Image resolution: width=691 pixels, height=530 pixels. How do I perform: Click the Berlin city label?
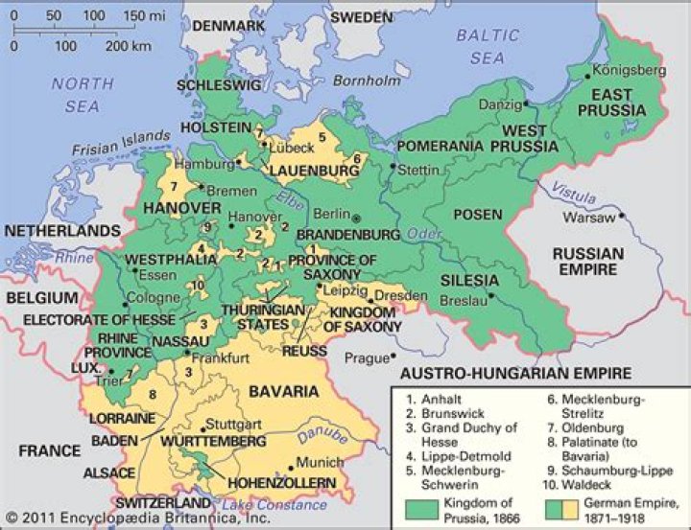click(x=327, y=217)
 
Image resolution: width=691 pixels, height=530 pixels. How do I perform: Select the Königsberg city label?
click(x=629, y=71)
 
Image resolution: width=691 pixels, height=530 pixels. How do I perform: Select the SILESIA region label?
click(x=469, y=280)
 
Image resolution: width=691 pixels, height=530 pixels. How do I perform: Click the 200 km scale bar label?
click(x=130, y=45)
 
